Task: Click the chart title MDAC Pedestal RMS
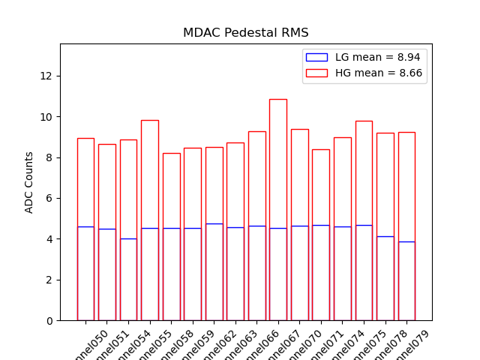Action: coord(245,33)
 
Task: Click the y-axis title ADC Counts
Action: coord(29,182)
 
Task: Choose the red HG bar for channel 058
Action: coord(171,195)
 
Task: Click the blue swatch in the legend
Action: coord(316,57)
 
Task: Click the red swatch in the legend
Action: coord(316,73)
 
